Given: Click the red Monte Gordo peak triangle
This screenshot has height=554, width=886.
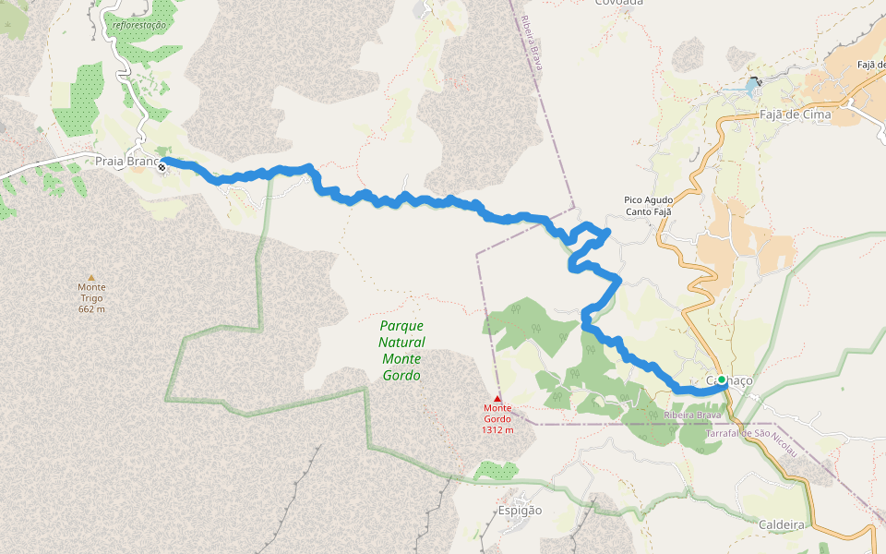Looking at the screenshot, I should [x=497, y=398].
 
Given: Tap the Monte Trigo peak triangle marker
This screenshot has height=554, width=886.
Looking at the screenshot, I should [x=90, y=277].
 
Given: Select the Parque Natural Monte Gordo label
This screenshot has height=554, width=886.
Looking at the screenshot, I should [x=401, y=351].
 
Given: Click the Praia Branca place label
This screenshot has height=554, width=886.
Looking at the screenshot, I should [x=126, y=162].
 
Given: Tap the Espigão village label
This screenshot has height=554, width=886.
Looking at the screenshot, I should [x=521, y=511].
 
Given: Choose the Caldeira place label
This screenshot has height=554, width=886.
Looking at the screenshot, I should [x=782, y=524].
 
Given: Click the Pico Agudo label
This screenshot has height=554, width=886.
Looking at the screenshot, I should [x=648, y=199].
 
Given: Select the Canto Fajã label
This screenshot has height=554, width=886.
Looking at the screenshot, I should [x=648, y=211].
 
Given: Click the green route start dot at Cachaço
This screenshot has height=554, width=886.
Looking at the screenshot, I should [x=722, y=379].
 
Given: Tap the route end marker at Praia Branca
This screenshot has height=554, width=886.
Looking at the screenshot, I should [x=162, y=166].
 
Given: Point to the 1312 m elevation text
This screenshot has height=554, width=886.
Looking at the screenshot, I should [x=497, y=429].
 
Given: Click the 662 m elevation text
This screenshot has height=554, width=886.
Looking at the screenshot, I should [x=91, y=308].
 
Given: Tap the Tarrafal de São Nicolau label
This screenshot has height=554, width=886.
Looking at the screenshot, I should [x=750, y=433].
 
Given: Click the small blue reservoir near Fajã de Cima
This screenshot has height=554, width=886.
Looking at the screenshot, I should [x=751, y=90].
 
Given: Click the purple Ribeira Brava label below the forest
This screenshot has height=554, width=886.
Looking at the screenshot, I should [x=692, y=415].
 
